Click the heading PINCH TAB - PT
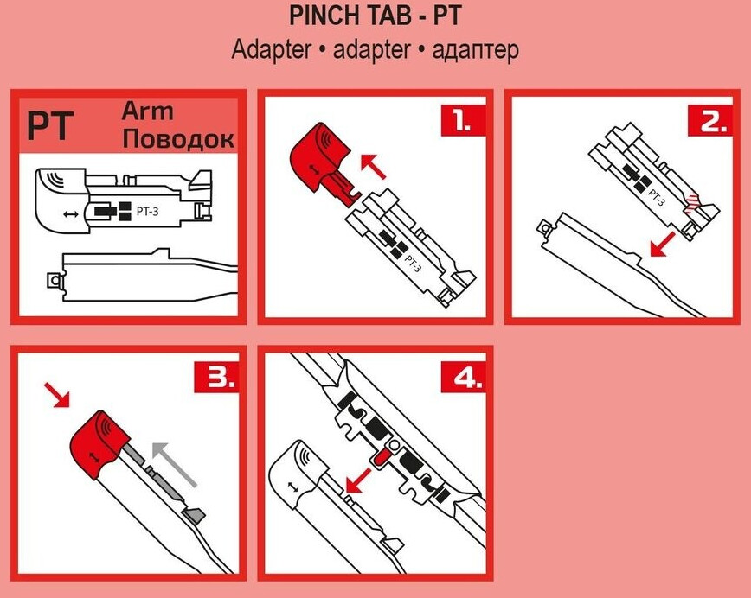[x=375, y=16]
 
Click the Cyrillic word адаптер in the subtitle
[x=475, y=50]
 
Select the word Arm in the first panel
[x=147, y=111]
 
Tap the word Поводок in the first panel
[x=178, y=138]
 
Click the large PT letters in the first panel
[x=50, y=126]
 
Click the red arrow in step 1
[x=373, y=166]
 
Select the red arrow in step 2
[x=663, y=245]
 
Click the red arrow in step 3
[x=56, y=395]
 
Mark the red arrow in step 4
[x=358, y=480]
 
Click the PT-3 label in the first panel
[x=147, y=212]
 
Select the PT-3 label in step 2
[x=656, y=196]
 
